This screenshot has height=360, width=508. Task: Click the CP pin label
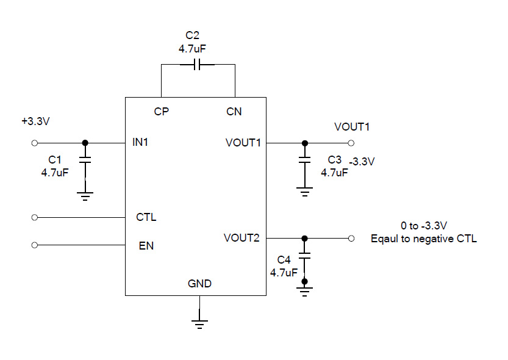click(162, 112)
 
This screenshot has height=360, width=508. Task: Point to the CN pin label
click(234, 112)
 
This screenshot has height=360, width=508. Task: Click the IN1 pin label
click(140, 142)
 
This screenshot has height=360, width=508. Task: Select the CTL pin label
click(146, 217)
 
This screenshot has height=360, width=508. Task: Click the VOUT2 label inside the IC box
click(241, 238)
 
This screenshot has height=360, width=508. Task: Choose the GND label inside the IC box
click(199, 284)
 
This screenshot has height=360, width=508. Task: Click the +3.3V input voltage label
click(35, 121)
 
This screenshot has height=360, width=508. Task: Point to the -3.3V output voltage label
click(362, 162)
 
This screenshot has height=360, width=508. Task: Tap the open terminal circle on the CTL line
click(35, 217)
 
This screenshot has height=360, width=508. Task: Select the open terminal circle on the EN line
click(35, 245)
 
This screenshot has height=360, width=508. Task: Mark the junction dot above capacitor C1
click(85, 142)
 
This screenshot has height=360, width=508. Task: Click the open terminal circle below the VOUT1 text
click(351, 142)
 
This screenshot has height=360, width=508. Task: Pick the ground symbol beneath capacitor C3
click(305, 192)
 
